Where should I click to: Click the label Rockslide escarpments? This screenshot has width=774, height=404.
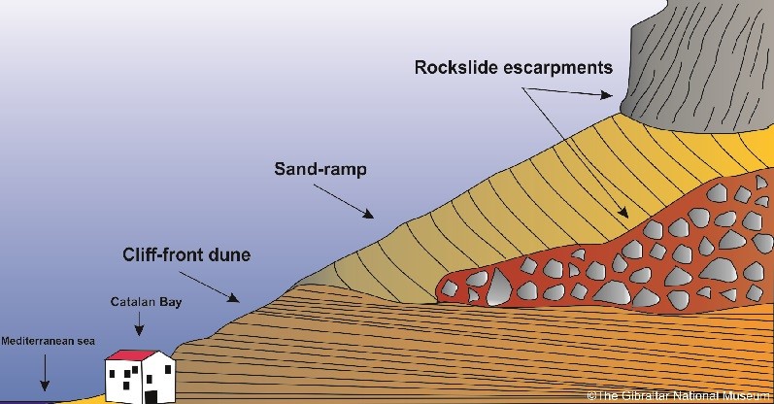click(x=514, y=68)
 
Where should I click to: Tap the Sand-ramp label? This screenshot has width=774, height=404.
click(x=320, y=169)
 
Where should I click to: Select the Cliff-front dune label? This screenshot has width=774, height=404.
click(x=186, y=254)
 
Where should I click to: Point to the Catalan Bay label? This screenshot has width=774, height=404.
click(x=146, y=302)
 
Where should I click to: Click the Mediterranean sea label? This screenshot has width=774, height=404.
click(x=48, y=341)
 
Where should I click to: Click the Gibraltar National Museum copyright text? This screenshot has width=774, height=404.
click(x=678, y=395)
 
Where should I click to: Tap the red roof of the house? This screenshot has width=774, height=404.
click(x=131, y=355)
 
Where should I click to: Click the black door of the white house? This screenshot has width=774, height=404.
click(x=151, y=397)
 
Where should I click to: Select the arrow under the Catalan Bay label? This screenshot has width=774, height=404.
click(x=139, y=324)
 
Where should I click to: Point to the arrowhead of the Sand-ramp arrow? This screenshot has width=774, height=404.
click(x=368, y=214)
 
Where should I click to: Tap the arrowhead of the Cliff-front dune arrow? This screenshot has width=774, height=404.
click(x=234, y=297)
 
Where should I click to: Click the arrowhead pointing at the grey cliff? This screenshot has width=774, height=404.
click(x=607, y=95)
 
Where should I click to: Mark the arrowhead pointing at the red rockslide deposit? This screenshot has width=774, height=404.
click(x=623, y=213)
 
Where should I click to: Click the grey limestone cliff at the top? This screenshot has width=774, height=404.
click(x=701, y=64)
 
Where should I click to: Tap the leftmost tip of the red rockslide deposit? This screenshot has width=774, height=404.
click(x=437, y=290)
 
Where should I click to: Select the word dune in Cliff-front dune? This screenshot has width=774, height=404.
click(x=229, y=254)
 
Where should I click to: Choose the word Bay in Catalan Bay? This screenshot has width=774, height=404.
click(x=170, y=302)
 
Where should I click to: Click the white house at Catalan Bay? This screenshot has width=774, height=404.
click(x=140, y=377)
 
